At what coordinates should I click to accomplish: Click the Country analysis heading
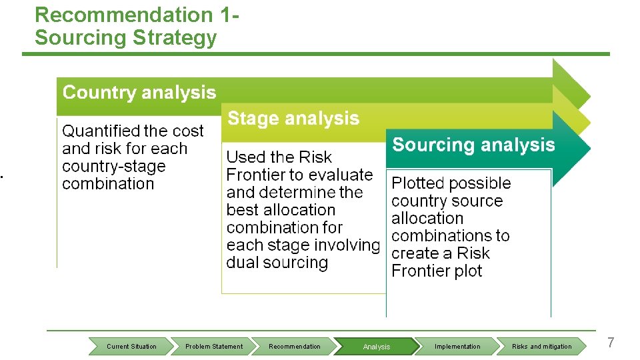139,93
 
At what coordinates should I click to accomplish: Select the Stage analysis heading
293,119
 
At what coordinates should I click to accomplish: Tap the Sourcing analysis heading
473,145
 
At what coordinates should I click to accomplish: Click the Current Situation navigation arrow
131,347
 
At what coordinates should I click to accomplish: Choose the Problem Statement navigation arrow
214,347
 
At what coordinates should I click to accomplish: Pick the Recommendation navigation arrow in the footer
294,347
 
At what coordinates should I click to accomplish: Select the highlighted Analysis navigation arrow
377,347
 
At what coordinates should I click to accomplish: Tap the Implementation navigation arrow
457,347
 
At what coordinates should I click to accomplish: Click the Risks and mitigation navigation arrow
541,347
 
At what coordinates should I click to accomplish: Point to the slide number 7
611,343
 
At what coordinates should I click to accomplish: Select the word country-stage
113,167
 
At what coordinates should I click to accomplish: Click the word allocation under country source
427,219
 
